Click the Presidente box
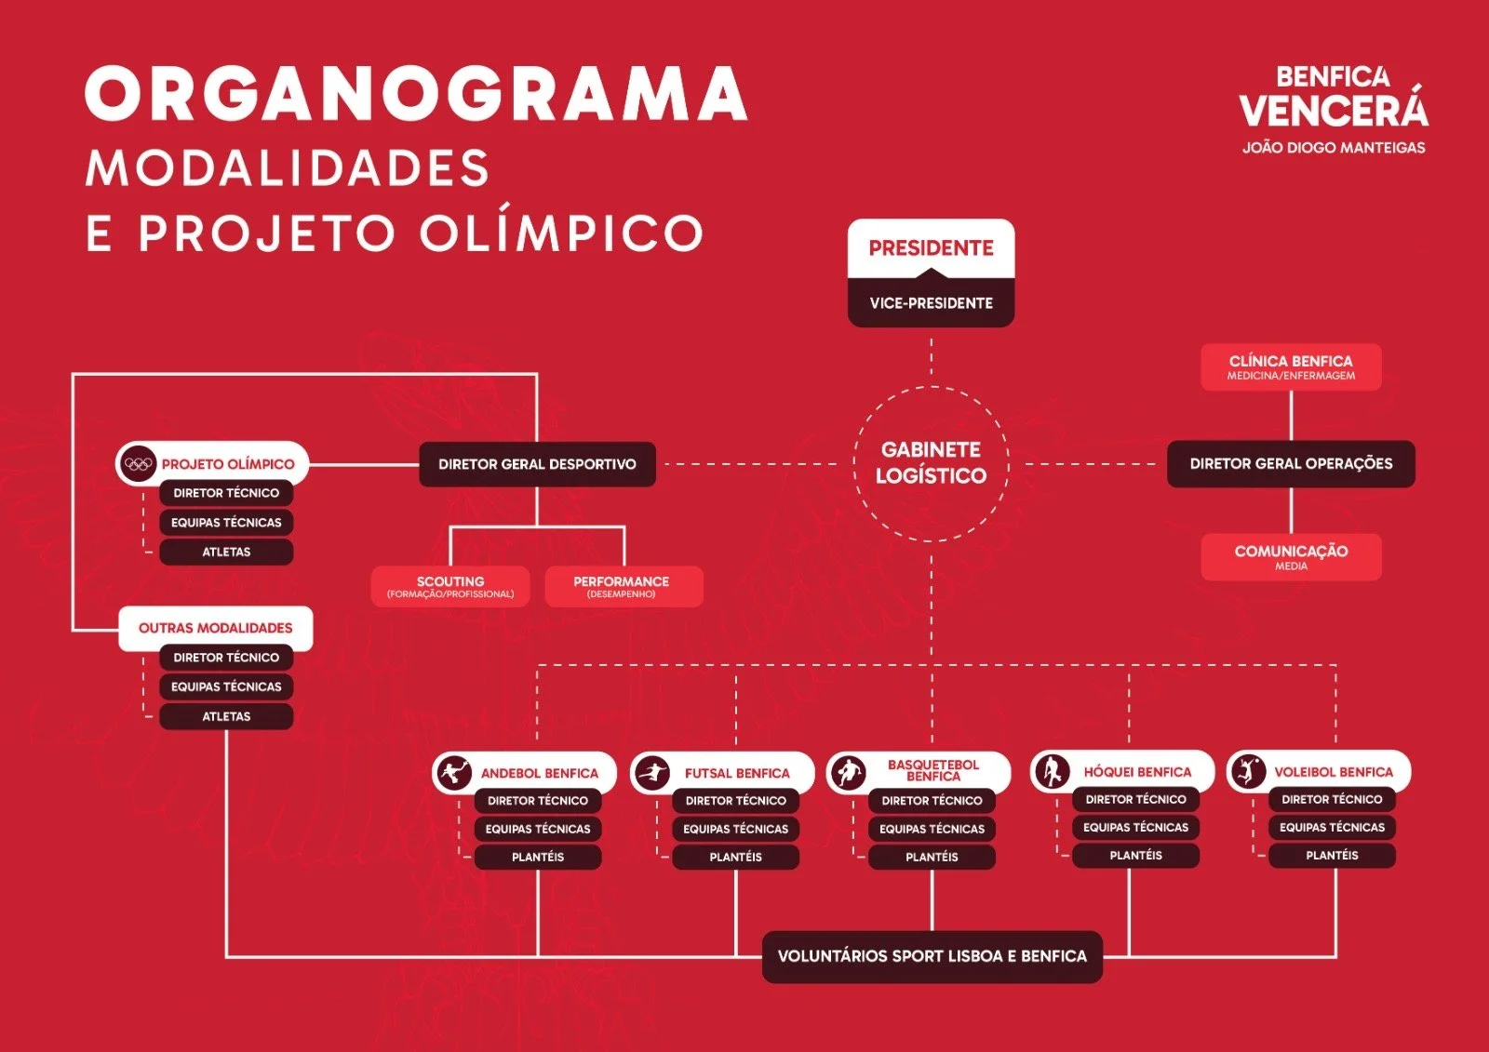(x=931, y=248)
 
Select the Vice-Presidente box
(x=931, y=303)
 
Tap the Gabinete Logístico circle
(x=931, y=463)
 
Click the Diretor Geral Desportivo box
(x=537, y=464)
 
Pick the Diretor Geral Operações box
(x=1291, y=463)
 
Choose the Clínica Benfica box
(x=1291, y=366)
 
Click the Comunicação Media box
(x=1291, y=556)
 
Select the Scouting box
(x=450, y=586)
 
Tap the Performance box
(x=622, y=586)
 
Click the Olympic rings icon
(x=139, y=463)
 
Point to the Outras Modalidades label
(x=216, y=628)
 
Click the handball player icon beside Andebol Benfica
(x=454, y=773)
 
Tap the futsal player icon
(x=652, y=773)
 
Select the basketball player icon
(x=849, y=773)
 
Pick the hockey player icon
(x=1053, y=771)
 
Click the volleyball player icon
(x=1248, y=771)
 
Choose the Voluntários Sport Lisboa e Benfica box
(x=932, y=956)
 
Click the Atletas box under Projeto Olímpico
(x=226, y=552)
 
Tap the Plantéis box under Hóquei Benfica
(x=1135, y=855)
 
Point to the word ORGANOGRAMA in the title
(x=416, y=93)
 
